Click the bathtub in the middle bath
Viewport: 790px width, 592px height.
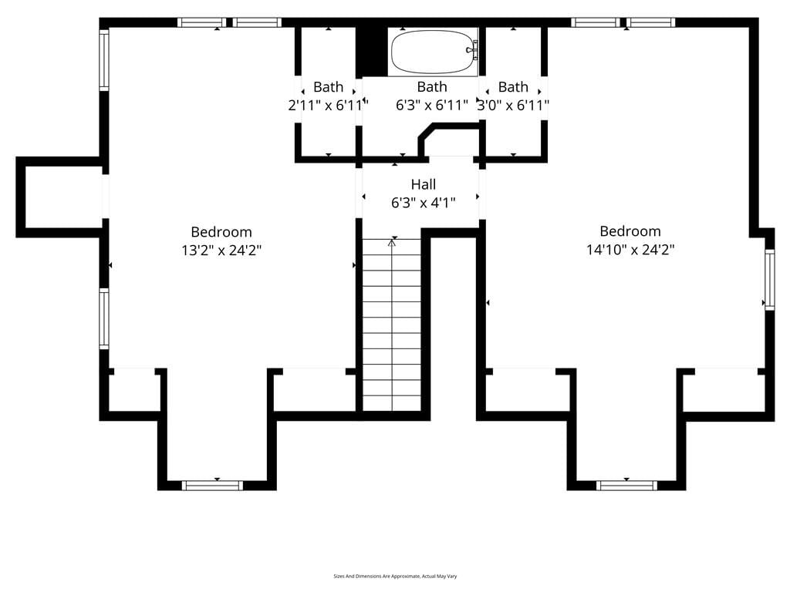(x=433, y=52)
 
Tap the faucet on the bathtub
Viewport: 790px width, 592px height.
(x=472, y=50)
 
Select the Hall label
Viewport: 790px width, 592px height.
(x=424, y=184)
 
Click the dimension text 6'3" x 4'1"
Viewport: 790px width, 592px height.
(x=424, y=203)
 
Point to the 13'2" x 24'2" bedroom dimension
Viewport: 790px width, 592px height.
(x=221, y=251)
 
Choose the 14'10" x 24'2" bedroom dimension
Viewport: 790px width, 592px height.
(x=630, y=249)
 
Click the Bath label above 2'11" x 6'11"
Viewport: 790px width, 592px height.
(x=328, y=86)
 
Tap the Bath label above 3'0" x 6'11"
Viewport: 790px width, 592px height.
(x=513, y=86)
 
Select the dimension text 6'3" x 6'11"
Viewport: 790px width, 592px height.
(x=432, y=105)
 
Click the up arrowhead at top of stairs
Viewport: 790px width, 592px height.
(x=392, y=243)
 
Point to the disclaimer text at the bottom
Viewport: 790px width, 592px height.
(x=395, y=576)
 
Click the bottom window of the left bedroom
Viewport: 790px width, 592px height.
(x=212, y=486)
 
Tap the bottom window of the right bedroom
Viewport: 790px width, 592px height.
(x=626, y=486)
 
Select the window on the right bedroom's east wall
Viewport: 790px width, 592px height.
(x=769, y=279)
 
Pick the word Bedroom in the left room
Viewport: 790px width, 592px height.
(x=221, y=232)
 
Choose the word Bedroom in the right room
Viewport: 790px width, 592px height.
(x=630, y=231)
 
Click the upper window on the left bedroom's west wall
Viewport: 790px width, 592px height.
(x=104, y=60)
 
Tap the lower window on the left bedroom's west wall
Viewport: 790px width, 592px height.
(x=104, y=318)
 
